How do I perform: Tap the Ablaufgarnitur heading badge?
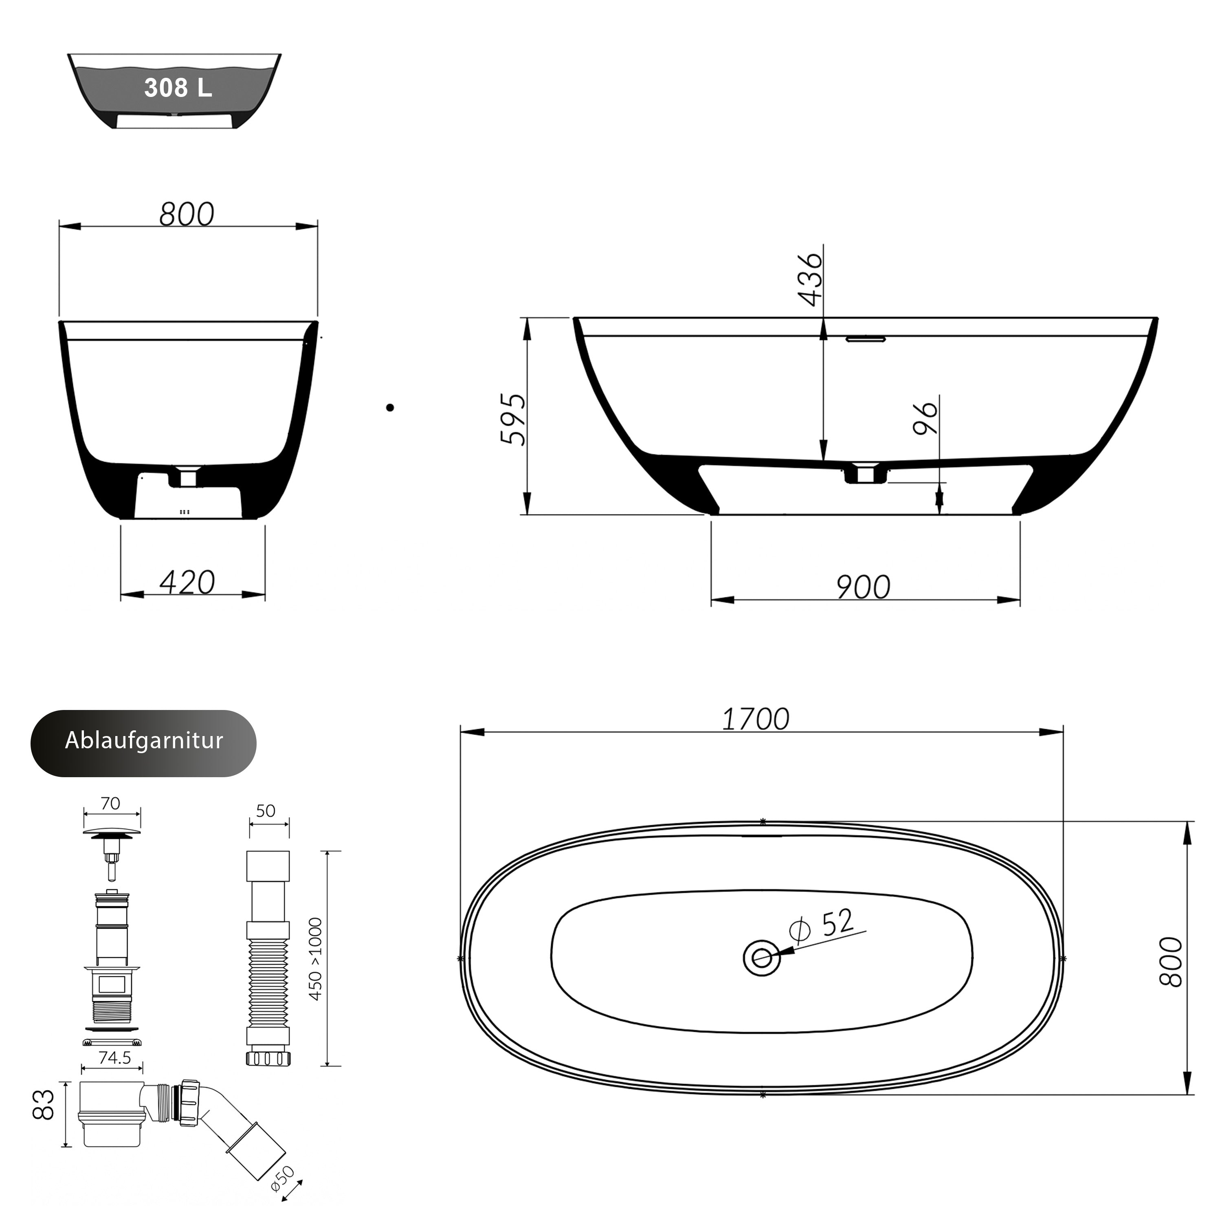click(x=143, y=743)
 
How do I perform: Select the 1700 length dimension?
click(x=756, y=719)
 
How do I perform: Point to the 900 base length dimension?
click(x=864, y=587)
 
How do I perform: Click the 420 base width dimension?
click(x=187, y=582)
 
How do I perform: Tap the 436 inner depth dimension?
click(x=810, y=279)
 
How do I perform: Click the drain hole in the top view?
click(x=762, y=958)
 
